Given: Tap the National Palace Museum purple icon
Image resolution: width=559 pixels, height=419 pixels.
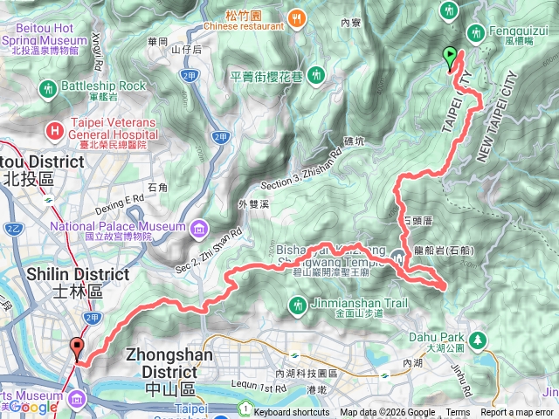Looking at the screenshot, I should [200, 230].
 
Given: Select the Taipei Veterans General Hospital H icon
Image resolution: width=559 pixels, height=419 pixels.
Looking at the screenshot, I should [56, 131].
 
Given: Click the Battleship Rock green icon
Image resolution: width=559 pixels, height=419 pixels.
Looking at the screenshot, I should [48, 88].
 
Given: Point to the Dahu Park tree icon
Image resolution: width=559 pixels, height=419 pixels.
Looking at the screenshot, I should [477, 340].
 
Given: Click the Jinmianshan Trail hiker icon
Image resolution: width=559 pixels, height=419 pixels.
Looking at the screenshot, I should [295, 305].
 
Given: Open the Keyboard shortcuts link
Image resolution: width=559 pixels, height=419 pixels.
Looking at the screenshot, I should [293, 412].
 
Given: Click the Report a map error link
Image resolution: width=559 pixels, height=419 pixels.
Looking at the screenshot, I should [516, 412].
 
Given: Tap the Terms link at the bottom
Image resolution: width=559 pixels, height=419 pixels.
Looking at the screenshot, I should [458, 412].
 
